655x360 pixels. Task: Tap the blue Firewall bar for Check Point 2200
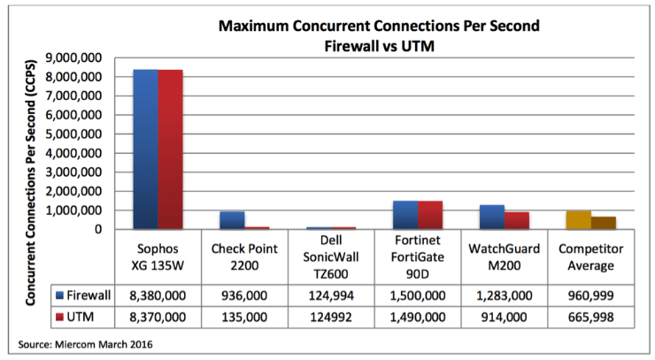pos(232,220)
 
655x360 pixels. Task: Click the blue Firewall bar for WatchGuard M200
pos(492,217)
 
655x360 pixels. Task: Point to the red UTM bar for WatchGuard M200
pos(517,220)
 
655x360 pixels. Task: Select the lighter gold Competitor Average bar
pos(578,220)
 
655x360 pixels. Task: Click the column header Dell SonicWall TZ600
pos(330,257)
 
